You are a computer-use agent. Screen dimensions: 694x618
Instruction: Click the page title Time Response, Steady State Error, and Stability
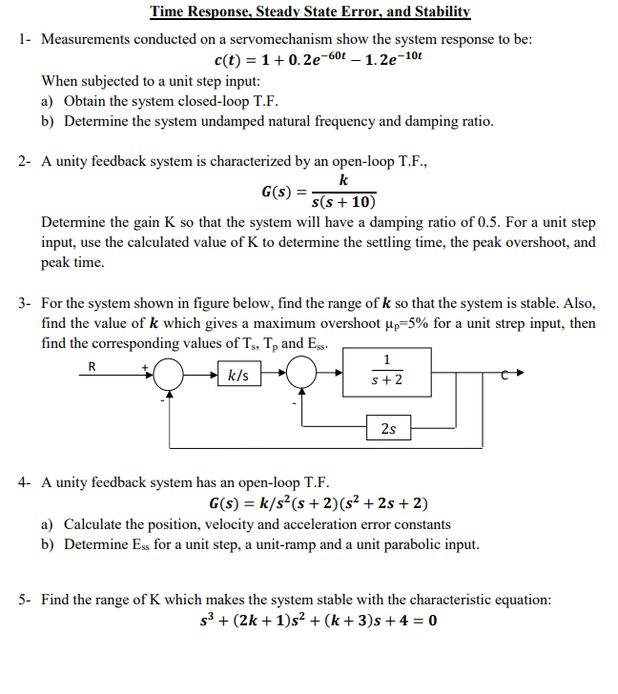click(x=310, y=12)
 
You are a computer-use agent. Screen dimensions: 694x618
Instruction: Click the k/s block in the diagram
click(x=239, y=376)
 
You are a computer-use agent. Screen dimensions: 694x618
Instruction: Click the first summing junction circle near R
click(x=169, y=376)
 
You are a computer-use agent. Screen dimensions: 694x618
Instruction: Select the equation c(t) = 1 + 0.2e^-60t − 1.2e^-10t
click(x=311, y=61)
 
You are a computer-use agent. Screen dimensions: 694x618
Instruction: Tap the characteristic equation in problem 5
click(x=314, y=622)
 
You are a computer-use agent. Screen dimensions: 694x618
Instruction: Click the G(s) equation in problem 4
click(x=318, y=503)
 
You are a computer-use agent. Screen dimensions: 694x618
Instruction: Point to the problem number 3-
click(x=26, y=304)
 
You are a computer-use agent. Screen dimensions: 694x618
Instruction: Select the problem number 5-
click(x=26, y=600)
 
